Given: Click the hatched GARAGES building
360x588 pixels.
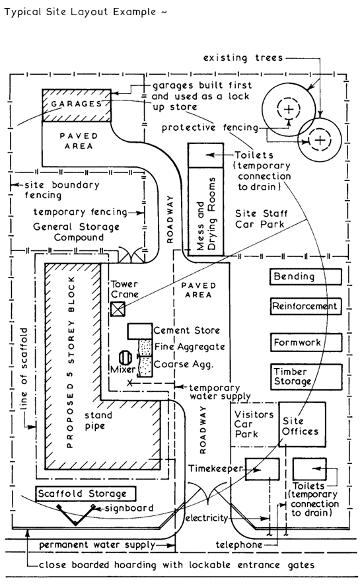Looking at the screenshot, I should point(74,104).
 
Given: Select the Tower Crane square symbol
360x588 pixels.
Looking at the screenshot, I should point(118,309).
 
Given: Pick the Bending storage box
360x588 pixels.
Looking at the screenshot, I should point(305,277).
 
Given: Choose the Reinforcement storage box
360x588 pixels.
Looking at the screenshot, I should point(305,307).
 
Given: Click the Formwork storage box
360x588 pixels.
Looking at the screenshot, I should point(305,343).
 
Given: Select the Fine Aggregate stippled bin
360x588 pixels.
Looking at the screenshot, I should point(144,346).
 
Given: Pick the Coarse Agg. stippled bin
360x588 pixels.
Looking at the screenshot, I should point(144,363).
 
